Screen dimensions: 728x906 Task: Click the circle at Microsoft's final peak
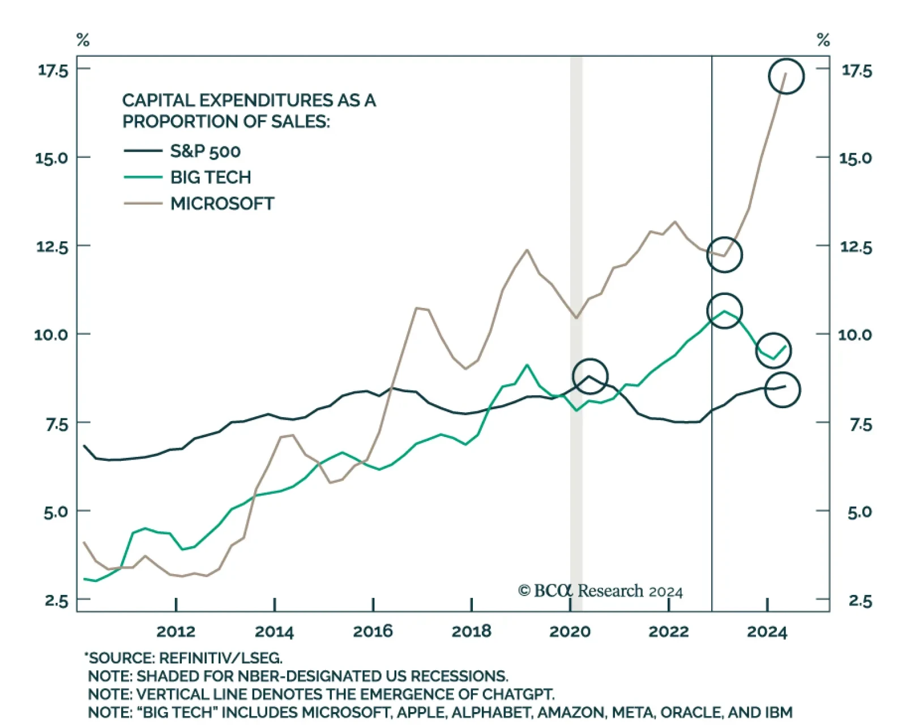[786, 76]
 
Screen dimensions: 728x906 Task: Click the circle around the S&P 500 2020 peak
[590, 376]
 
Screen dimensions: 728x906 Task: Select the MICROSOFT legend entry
[222, 204]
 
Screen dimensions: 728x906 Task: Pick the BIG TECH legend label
[211, 178]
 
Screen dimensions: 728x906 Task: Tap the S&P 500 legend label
[205, 152]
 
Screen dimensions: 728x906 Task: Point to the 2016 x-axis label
[373, 632]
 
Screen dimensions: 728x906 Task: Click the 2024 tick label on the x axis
[767, 632]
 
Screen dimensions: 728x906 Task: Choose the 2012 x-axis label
[176, 632]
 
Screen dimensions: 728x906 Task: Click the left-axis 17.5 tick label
[53, 70]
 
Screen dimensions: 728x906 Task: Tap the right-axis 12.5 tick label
[855, 247]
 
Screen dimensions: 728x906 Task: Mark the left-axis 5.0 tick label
[55, 512]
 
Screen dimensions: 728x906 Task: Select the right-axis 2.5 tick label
[860, 601]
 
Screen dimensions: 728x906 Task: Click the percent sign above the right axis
[823, 40]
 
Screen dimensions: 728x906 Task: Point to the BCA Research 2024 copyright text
[600, 591]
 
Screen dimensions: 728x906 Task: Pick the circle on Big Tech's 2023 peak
[724, 311]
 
